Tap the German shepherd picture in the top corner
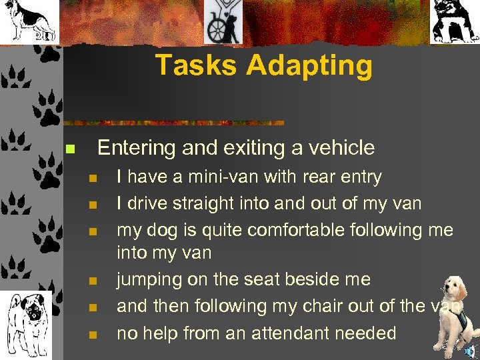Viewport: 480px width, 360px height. pyautogui.click(x=29, y=21)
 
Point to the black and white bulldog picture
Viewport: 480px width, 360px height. pyautogui.click(x=455, y=21)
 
